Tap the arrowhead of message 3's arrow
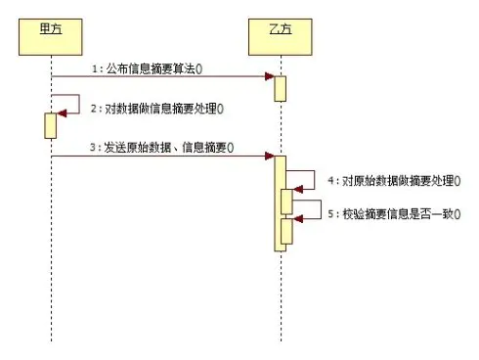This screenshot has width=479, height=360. (x=269, y=156)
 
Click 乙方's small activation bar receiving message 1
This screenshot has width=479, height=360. (x=280, y=87)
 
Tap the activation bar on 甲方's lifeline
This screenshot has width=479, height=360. (x=50, y=125)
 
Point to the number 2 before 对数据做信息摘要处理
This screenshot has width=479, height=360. (x=93, y=108)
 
